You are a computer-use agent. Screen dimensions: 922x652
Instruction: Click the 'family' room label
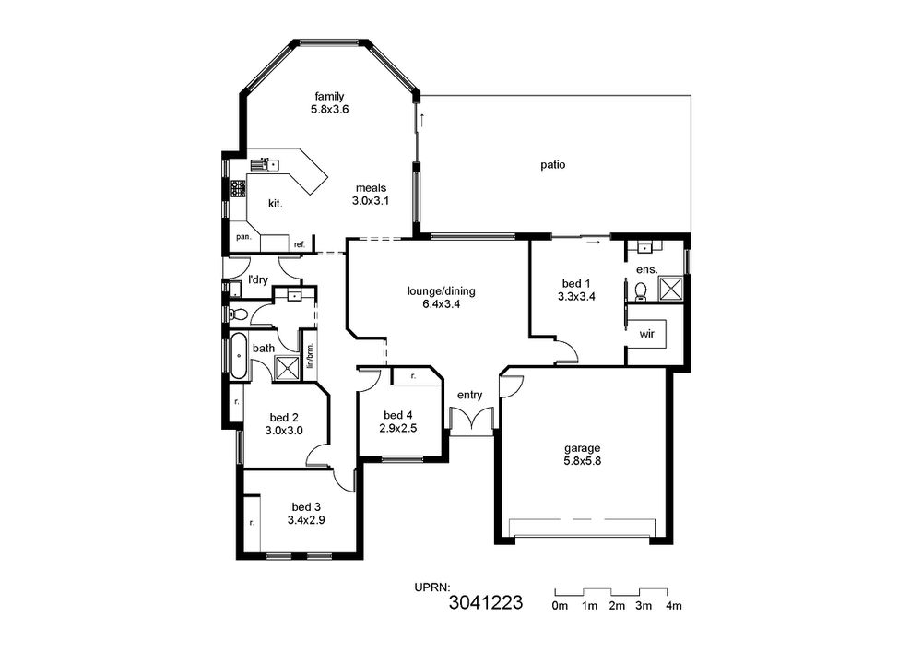pos(329,97)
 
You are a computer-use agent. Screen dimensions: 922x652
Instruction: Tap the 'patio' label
pos(552,165)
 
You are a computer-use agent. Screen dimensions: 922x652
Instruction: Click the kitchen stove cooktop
pos(238,189)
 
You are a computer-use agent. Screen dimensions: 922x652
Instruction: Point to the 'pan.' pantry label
pos(243,237)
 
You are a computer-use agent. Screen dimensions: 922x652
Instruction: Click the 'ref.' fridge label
pos(300,244)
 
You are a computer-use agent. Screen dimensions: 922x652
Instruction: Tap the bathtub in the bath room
pos(239,356)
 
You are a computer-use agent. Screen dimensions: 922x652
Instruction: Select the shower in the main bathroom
pos(287,369)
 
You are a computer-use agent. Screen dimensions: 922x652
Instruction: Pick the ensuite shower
pos(669,289)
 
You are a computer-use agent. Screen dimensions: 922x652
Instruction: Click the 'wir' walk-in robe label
pos(647,334)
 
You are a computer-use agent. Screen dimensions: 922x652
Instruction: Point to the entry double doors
pos(471,421)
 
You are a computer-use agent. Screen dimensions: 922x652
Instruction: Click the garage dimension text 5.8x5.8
pos(582,461)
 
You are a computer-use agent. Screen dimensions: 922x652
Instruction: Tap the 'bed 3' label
pos(306,507)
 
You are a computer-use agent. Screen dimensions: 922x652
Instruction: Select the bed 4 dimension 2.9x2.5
pos(398,429)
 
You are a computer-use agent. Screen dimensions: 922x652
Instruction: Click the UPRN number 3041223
pos(486,602)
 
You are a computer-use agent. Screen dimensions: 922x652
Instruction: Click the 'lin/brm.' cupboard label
pos(310,356)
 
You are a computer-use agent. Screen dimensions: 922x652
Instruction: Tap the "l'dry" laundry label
pos(258,279)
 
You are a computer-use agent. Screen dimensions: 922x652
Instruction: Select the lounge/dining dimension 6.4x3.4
pos(441,304)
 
